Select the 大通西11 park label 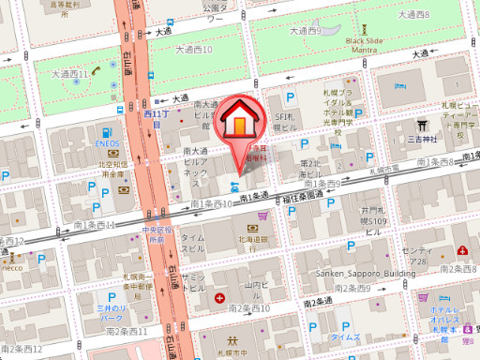coord(70,72)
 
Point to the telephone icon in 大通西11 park coord(75,82)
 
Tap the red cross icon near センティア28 coord(463,250)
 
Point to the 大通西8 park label coord(413,15)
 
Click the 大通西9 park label coord(306,31)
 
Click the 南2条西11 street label coord(127,331)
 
